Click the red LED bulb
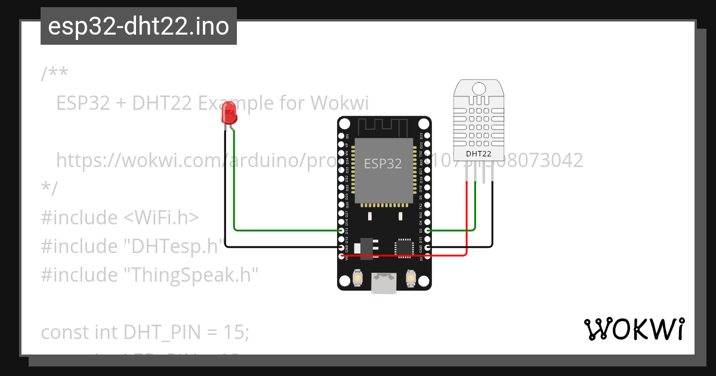pos(229,112)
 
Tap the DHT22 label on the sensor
pos(479,154)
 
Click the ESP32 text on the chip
pos(382,164)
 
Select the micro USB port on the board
pos(383,283)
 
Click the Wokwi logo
pos(634,329)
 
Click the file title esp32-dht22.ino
pos(138,27)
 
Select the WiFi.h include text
pos(161,217)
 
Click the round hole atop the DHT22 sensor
pos(479,90)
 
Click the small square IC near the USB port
pos(404,247)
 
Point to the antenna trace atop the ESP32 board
pos(382,127)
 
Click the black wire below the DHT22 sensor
pos(493,215)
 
